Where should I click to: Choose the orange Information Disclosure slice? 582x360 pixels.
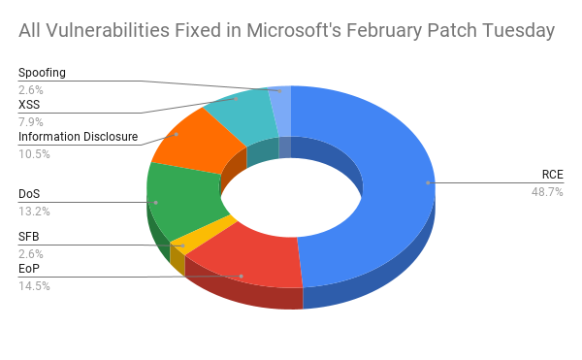(194, 141)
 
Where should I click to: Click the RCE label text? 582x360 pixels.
(553, 175)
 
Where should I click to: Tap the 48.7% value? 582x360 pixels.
(549, 192)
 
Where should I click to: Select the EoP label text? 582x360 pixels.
(30, 269)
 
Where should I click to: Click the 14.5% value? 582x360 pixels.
(34, 285)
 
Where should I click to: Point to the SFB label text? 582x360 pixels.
(30, 237)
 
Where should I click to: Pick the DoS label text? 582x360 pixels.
(30, 194)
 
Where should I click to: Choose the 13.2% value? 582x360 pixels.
(34, 211)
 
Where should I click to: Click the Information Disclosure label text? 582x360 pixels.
(79, 137)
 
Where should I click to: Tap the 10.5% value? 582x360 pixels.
(34, 153)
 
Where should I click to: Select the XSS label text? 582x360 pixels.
(30, 105)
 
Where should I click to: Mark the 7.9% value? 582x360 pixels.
(31, 121)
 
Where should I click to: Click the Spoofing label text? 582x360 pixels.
(43, 73)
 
